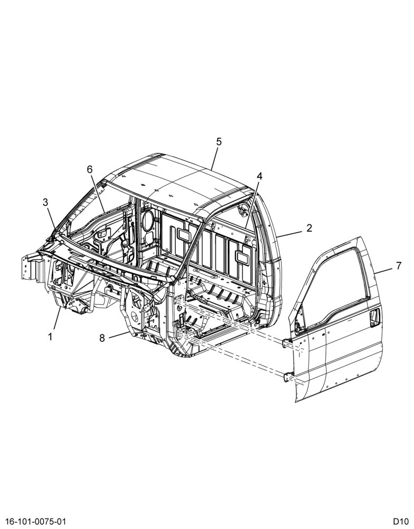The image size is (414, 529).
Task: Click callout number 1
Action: tap(50, 336)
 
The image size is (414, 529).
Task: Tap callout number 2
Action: tap(309, 227)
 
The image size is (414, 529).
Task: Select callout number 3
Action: tap(45, 202)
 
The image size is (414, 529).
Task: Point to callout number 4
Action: tap(259, 176)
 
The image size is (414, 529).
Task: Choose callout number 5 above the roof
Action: tap(219, 142)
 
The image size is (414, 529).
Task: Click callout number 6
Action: tap(90, 169)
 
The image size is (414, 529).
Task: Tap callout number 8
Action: tap(102, 338)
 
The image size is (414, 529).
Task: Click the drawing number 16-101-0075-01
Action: tap(35, 522)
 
